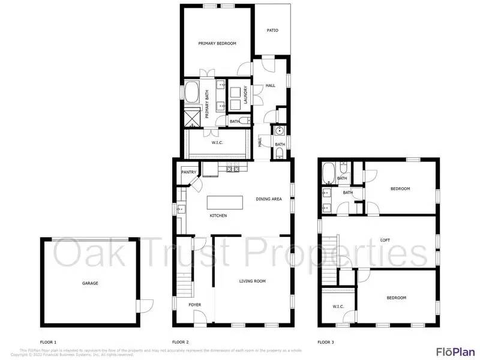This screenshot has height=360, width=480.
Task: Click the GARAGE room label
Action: (90, 283)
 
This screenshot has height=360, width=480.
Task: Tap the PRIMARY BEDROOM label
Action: (217, 43)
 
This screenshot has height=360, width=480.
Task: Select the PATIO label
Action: (272, 30)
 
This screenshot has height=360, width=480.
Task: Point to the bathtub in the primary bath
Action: (192, 93)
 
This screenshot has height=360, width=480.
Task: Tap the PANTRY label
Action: (189, 172)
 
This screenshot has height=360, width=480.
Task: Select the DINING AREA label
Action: (269, 199)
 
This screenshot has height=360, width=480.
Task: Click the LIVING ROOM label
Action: (253, 281)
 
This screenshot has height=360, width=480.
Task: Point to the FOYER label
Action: (194, 305)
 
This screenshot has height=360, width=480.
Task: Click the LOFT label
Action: (385, 240)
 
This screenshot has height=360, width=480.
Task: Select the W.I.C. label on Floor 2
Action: (217, 143)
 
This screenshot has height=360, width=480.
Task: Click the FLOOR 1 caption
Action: (49, 341)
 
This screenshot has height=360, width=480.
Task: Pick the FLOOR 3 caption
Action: (326, 341)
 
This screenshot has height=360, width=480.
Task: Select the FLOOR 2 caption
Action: (181, 341)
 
